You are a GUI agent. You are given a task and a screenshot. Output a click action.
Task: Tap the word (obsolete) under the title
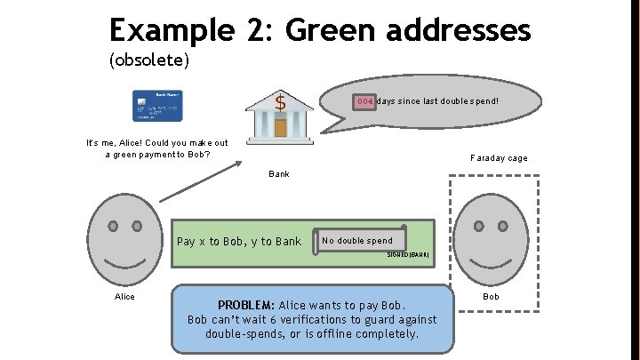[148, 61]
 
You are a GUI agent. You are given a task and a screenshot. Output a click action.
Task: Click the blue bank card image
[157, 105]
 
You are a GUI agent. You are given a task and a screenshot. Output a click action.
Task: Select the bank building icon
[280, 116]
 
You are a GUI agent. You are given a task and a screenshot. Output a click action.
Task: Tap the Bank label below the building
[279, 174]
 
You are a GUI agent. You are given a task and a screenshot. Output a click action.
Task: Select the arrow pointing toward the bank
[204, 188]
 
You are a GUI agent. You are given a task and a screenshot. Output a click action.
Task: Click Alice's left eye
[113, 226]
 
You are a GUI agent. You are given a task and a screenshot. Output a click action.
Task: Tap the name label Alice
[125, 296]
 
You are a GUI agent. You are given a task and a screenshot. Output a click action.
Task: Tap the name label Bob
[492, 295]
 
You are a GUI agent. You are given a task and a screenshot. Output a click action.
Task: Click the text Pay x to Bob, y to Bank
[239, 241]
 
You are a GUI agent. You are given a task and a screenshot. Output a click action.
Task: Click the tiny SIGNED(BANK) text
[408, 255]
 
